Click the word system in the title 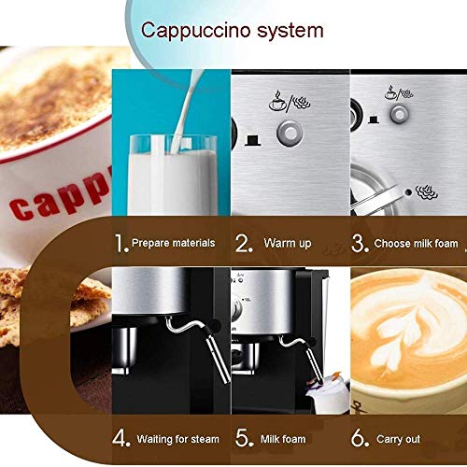(x=290, y=30)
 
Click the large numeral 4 (x=120, y=437)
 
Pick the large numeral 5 (x=241, y=437)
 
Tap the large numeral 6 (x=359, y=437)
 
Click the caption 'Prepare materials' (x=174, y=243)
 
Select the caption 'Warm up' (x=286, y=243)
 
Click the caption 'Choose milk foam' (x=417, y=243)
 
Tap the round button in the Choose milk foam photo (x=400, y=112)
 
